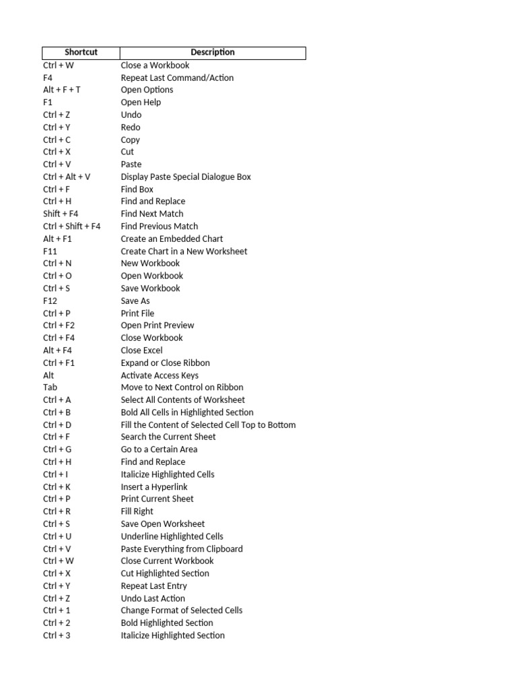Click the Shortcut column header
[x=81, y=53]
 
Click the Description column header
[x=212, y=53]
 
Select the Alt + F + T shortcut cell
[x=62, y=90]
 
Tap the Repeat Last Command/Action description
[x=177, y=77]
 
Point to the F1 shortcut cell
[x=48, y=102]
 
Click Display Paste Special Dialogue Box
[x=186, y=177]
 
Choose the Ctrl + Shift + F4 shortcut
[x=72, y=226]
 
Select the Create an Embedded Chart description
[x=172, y=239]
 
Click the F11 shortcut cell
[x=50, y=251]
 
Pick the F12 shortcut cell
[x=50, y=301]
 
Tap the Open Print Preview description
[x=157, y=325]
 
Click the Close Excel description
[x=141, y=350]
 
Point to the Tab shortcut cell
[x=49, y=387]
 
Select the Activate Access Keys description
[x=160, y=375]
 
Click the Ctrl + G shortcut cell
[x=57, y=449]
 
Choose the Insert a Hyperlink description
[x=154, y=487]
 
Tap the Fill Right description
[x=137, y=511]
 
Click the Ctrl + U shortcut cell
[x=57, y=536]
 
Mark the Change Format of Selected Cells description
[x=182, y=610]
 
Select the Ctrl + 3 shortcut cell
[x=57, y=635]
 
